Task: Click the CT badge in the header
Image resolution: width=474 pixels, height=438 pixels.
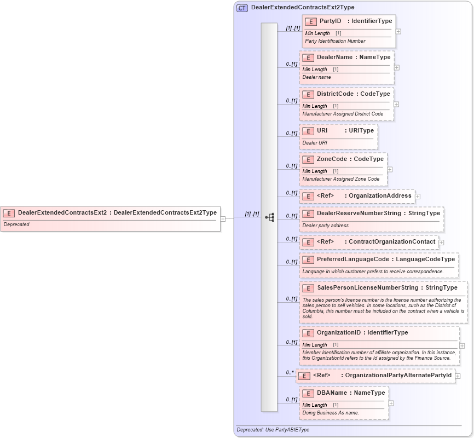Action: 242,8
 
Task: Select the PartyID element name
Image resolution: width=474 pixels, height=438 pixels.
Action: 330,21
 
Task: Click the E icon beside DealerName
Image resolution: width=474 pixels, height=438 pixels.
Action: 308,57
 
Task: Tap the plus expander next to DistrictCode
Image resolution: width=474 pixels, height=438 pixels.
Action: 396,104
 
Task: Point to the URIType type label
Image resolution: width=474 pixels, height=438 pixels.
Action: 361,130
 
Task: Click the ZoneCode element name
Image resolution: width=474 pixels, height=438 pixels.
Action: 332,159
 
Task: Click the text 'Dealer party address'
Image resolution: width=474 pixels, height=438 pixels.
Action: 325,226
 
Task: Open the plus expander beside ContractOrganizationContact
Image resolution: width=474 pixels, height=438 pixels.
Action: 441,242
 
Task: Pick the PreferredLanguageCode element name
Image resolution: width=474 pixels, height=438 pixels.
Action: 352,259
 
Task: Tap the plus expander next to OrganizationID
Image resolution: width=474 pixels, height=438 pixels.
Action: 462,345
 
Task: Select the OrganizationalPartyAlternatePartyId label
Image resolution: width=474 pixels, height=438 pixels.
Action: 398,375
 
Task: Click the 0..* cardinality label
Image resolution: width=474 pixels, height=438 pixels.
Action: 290,373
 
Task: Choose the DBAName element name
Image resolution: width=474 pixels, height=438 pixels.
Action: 332,393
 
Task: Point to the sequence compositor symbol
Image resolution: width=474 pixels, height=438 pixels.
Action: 269,217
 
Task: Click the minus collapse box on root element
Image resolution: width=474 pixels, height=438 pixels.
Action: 223,218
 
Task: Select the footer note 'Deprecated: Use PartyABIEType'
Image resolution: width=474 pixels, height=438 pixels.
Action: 273,430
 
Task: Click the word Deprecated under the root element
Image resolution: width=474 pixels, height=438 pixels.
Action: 16,224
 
